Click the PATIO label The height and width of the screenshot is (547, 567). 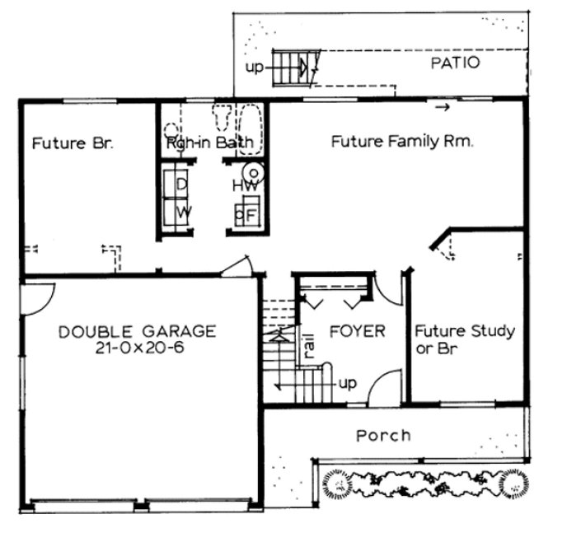point(456,63)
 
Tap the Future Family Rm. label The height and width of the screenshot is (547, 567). point(401,142)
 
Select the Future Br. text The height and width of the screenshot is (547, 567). point(72,143)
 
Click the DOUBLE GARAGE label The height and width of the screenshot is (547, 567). point(138,332)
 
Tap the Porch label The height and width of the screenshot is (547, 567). point(383,435)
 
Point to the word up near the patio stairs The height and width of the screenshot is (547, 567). point(255,68)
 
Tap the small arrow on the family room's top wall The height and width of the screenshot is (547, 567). point(443,107)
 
